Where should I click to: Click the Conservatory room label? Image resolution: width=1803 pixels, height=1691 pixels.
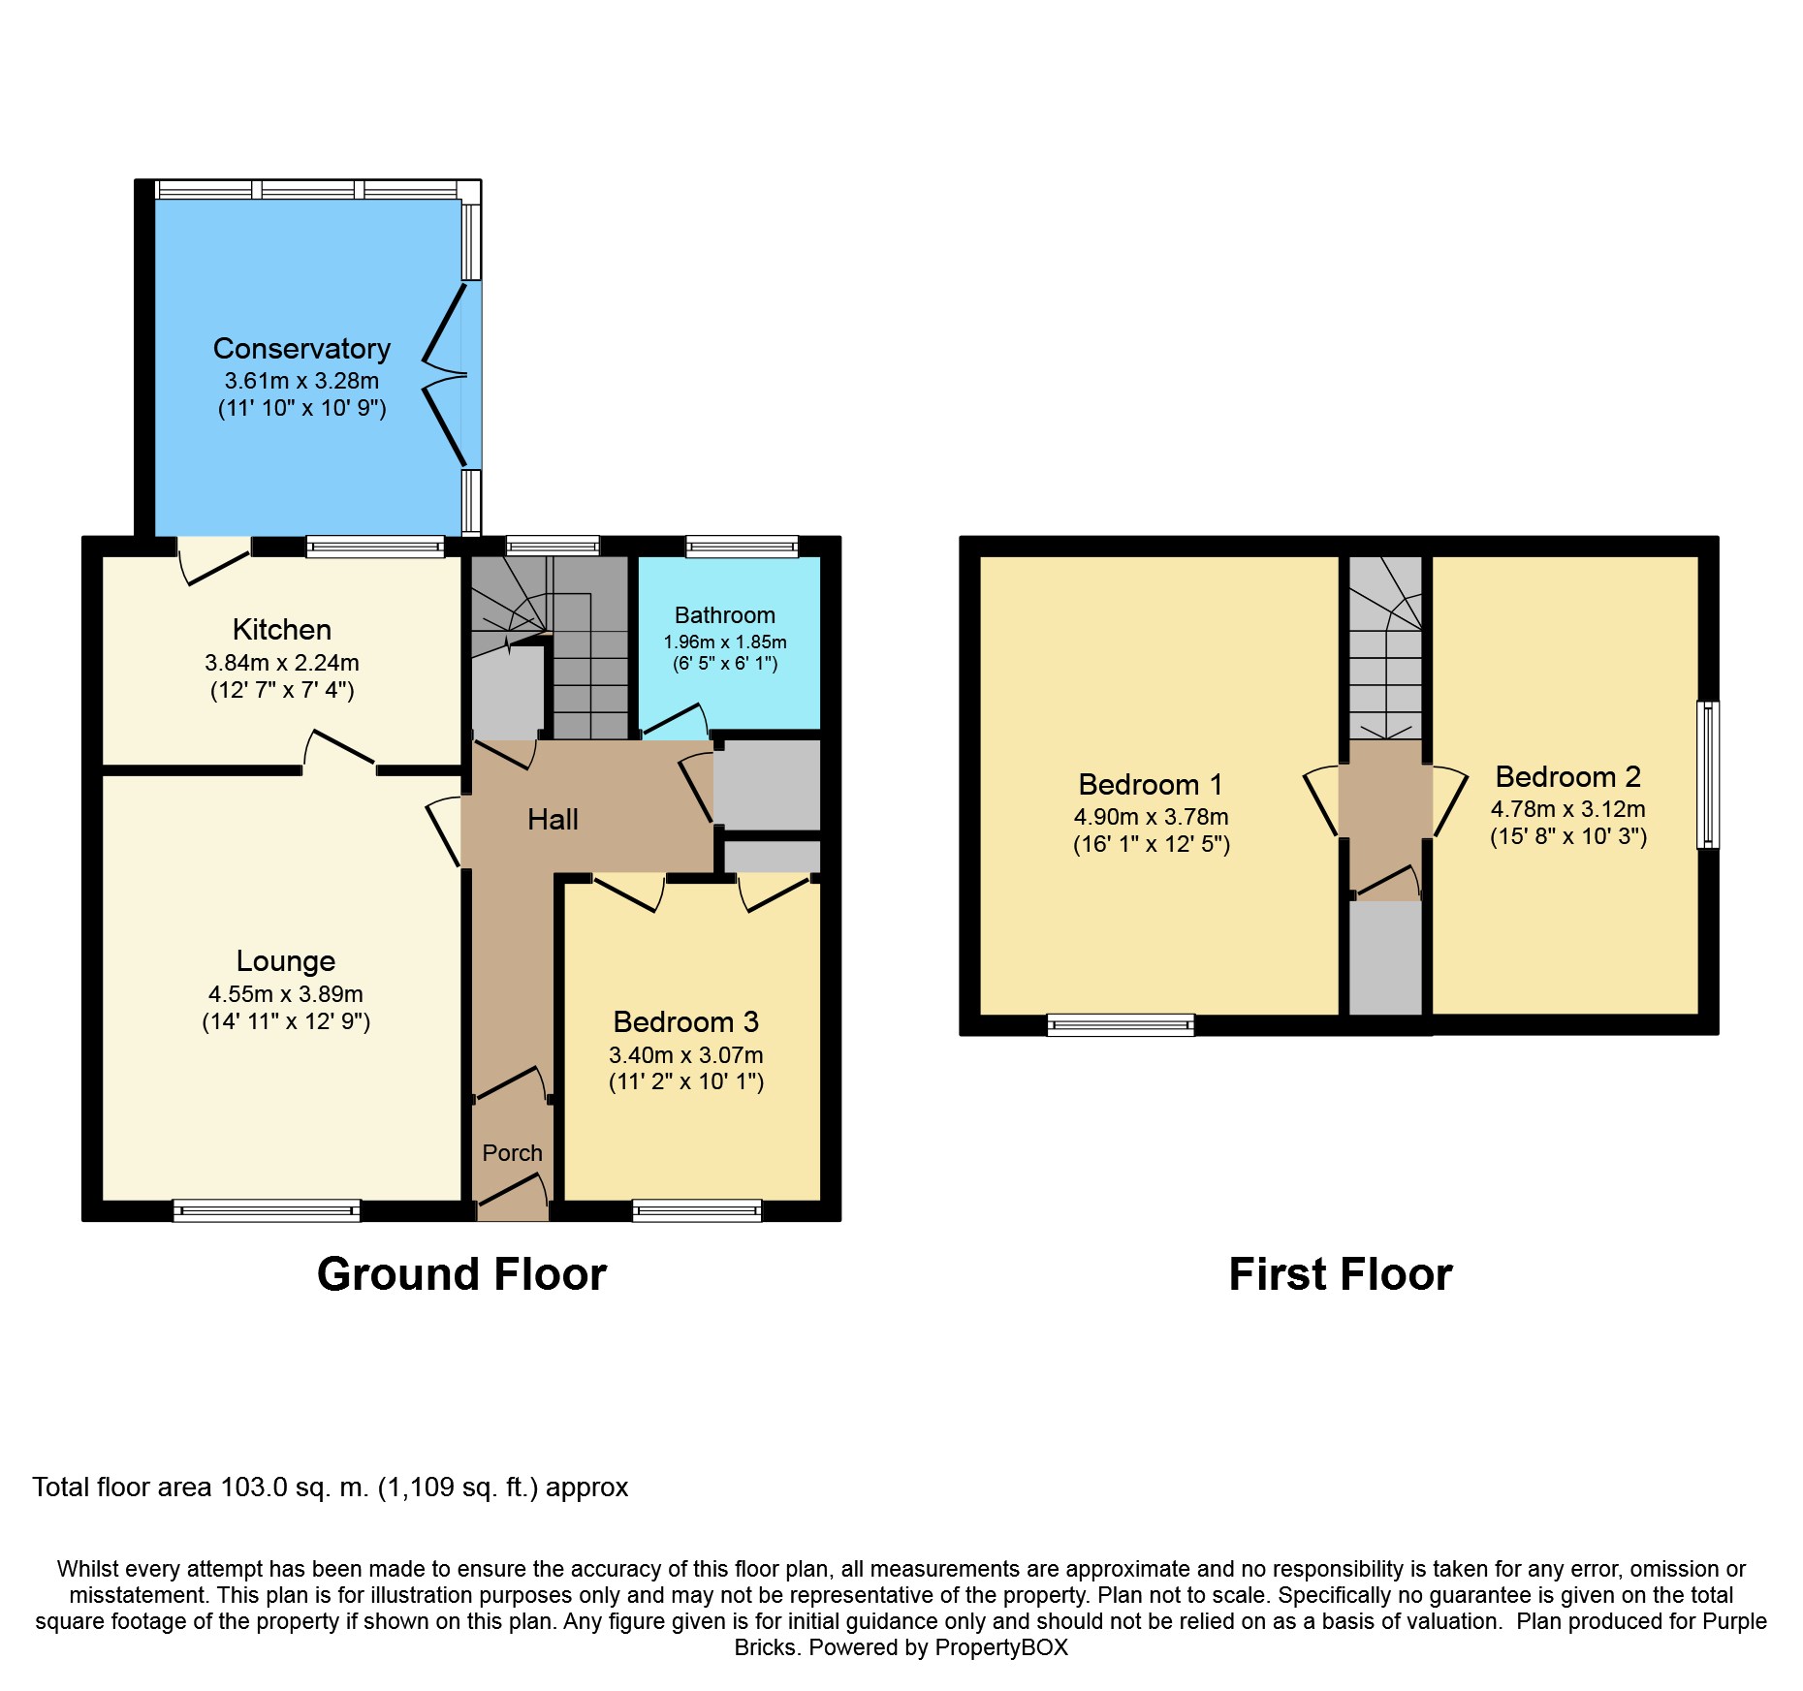pyautogui.click(x=301, y=349)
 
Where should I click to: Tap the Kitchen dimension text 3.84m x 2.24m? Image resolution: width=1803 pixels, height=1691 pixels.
pyautogui.click(x=282, y=663)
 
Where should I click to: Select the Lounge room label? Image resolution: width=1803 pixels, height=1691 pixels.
pyautogui.click(x=286, y=961)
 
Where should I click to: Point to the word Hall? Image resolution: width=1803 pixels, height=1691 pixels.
pyautogui.click(x=553, y=820)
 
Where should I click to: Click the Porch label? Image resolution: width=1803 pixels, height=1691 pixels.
pyautogui.click(x=512, y=1153)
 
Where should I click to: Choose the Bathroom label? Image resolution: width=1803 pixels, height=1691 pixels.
pyautogui.click(x=725, y=615)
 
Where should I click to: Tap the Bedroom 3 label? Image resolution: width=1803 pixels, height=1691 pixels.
pyautogui.click(x=686, y=1022)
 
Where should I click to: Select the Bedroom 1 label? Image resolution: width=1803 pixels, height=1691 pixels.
pyautogui.click(x=1151, y=784)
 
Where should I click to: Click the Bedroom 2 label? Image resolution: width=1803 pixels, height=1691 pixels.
pyautogui.click(x=1568, y=776)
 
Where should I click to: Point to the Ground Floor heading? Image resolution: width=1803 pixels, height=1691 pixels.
pyautogui.click(x=461, y=1274)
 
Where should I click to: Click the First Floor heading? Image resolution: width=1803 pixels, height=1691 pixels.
pyautogui.click(x=1341, y=1274)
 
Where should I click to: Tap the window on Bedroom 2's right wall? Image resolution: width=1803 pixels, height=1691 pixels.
pyautogui.click(x=1708, y=775)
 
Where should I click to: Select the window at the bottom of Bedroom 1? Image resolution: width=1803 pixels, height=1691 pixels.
pyautogui.click(x=1121, y=1025)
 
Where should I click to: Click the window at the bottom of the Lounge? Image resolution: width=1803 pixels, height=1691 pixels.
pyautogui.click(x=267, y=1210)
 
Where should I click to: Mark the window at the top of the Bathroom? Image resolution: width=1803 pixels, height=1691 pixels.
pyautogui.click(x=743, y=547)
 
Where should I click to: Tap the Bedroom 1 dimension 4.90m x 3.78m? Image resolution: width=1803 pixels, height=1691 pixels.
pyautogui.click(x=1151, y=817)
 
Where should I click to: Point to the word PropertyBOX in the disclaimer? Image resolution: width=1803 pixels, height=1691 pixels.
pyautogui.click(x=1001, y=1647)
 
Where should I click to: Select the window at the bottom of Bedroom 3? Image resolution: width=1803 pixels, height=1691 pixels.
pyautogui.click(x=697, y=1210)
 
